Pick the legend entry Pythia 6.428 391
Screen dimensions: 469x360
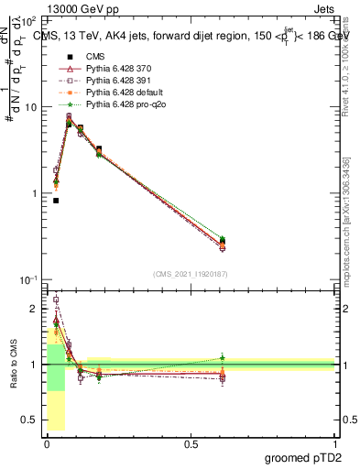click(x=113, y=82)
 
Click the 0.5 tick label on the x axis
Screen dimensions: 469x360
click(x=191, y=442)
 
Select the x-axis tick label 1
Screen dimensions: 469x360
click(x=335, y=442)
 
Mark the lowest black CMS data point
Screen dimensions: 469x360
click(x=56, y=201)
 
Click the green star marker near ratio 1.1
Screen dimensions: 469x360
click(x=223, y=358)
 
